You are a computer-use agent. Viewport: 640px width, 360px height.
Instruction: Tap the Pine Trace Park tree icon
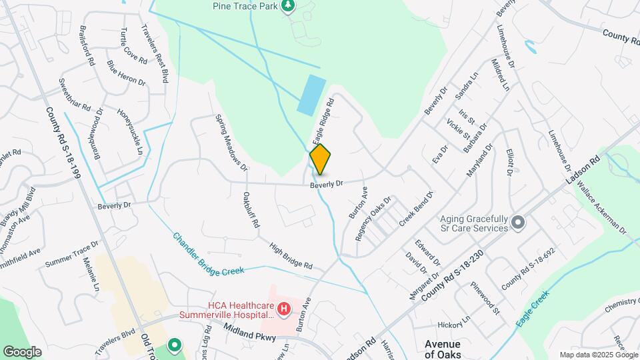[x=288, y=7]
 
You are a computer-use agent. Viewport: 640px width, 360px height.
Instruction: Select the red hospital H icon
[x=284, y=309]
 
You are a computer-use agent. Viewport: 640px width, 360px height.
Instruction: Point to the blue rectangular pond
[x=311, y=94]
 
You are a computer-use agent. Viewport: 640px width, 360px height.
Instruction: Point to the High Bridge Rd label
[x=291, y=256]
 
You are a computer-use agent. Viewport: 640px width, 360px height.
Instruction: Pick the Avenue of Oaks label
[x=443, y=349]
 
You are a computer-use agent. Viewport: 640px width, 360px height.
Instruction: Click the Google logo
[x=22, y=352]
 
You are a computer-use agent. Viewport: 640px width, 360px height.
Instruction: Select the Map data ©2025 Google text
[x=598, y=355]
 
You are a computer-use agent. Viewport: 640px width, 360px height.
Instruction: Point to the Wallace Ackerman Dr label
[x=603, y=206]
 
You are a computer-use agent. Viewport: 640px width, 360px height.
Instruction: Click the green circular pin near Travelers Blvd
[x=175, y=345]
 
